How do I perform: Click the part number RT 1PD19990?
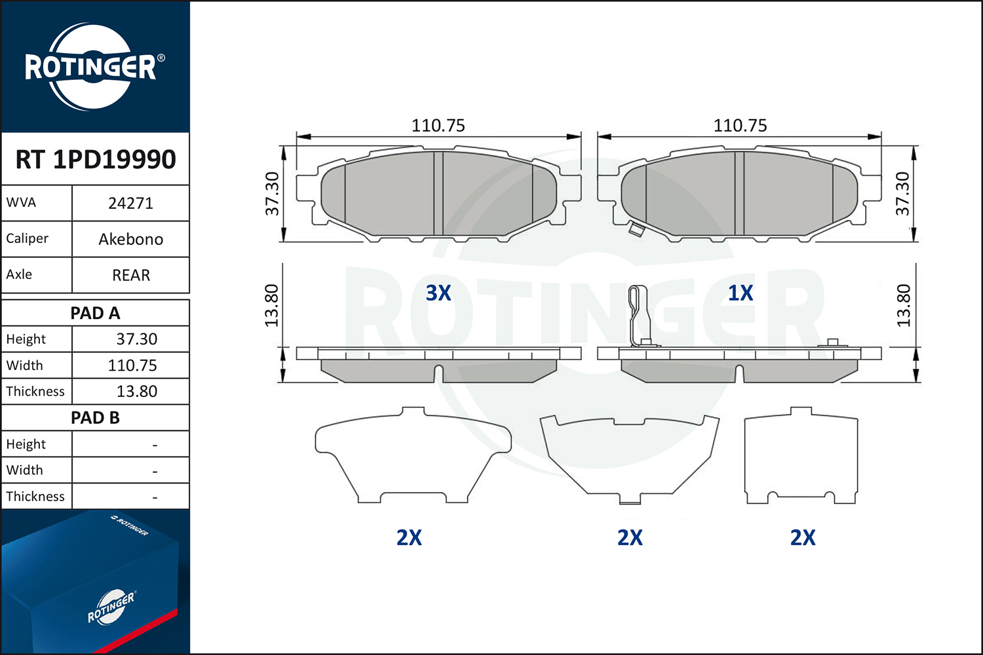[96, 159]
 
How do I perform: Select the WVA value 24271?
[131, 204]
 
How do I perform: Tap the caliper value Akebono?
[131, 240]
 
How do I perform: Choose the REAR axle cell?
[131, 275]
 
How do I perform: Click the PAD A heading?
[95, 313]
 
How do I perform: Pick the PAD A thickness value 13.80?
[136, 391]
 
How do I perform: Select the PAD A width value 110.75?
[132, 365]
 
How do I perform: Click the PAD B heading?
[95, 418]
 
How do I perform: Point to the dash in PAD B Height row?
[155, 445]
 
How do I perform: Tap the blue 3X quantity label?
[438, 293]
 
